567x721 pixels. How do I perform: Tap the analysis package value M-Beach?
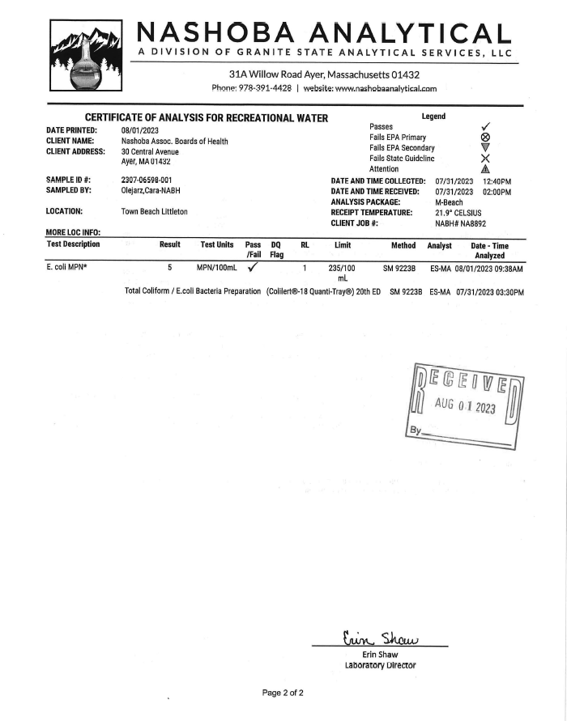point(449,201)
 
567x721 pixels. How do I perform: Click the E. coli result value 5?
point(170,266)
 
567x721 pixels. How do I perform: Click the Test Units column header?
point(217,245)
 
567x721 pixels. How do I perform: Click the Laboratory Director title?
point(379,665)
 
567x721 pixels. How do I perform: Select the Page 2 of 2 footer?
point(283,693)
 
